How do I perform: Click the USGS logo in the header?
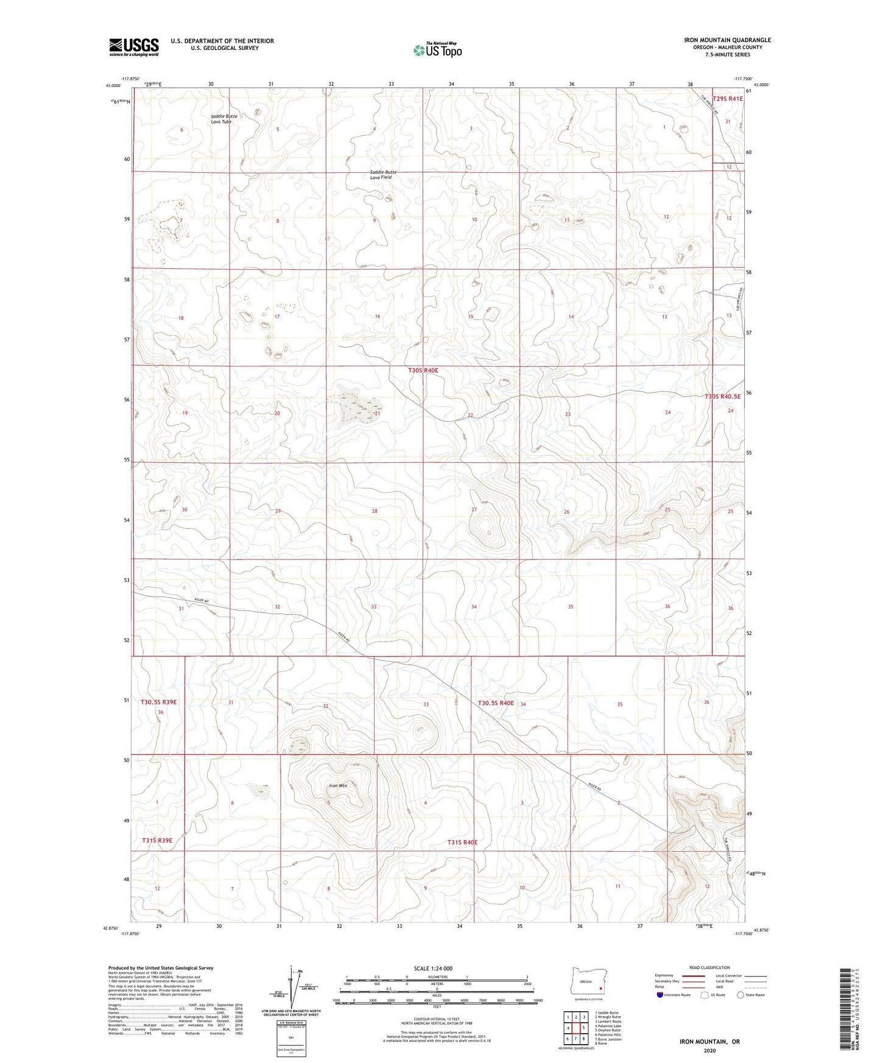(x=134, y=47)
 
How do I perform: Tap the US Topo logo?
(x=436, y=51)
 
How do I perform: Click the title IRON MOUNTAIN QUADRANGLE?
(x=727, y=40)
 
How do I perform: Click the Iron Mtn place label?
(x=337, y=786)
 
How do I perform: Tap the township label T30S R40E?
(x=423, y=370)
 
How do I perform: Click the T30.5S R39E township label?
(x=158, y=702)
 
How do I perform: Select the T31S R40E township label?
(x=463, y=842)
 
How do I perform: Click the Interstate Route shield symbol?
(x=660, y=995)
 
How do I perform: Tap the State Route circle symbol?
(x=741, y=995)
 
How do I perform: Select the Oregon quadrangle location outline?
(x=586, y=982)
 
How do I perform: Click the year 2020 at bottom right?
(x=709, y=1050)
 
